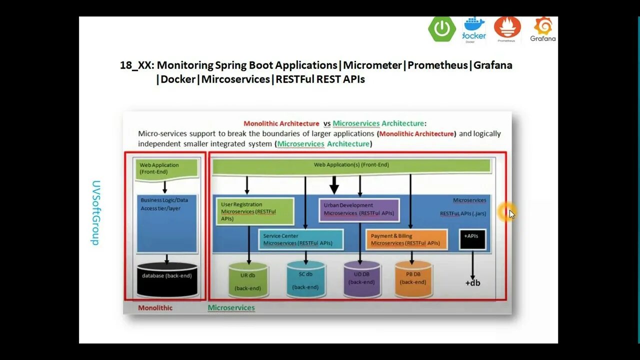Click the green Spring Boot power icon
pos(441,28)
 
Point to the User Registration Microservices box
pos(255,211)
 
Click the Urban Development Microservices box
pos(359,209)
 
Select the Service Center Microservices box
pos(301,239)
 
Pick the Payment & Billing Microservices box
pos(406,239)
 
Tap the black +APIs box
pos(472,239)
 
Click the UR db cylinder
pos(248,280)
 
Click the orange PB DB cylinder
pos(413,278)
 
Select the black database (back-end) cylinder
pos(166,278)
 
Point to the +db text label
pos(472,283)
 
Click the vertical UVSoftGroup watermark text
pos(95,212)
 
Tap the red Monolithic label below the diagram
pos(155,308)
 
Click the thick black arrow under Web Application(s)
pos(334,185)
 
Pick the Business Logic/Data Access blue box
pos(166,223)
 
